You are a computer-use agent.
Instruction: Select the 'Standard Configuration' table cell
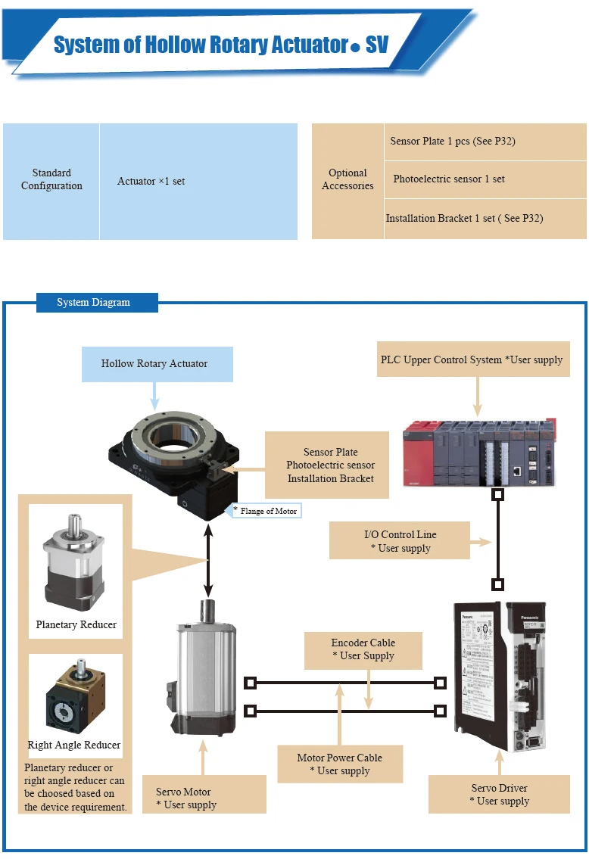51,180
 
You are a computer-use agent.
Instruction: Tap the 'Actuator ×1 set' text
151,182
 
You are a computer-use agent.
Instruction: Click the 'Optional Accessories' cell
347,180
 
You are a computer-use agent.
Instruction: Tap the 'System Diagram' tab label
94,303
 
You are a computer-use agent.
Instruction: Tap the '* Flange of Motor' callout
265,512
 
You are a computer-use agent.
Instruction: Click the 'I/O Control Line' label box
400,541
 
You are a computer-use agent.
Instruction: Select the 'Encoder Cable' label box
363,649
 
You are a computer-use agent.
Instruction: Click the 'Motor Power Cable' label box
339,764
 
